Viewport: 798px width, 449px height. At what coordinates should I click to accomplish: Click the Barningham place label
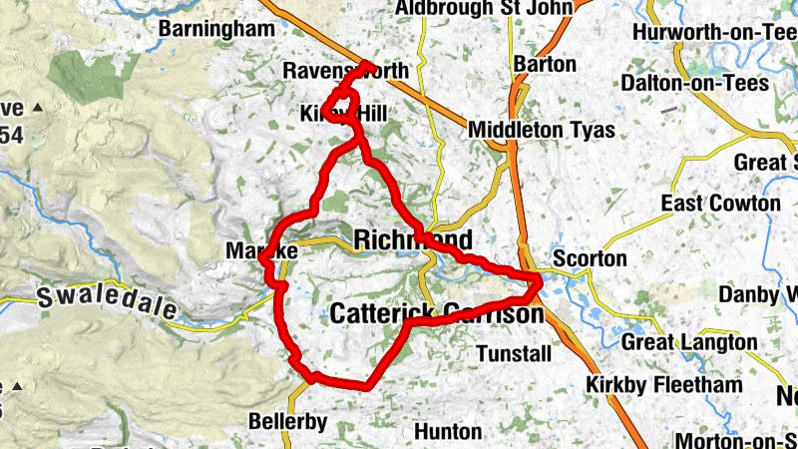(215, 29)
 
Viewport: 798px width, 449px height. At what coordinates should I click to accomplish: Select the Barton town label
(544, 64)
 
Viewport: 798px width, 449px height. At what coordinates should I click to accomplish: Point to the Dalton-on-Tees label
(696, 83)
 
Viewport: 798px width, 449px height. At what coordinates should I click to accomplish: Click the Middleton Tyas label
(541, 130)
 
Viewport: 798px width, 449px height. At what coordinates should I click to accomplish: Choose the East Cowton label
(720, 203)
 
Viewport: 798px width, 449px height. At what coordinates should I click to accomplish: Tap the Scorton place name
(590, 259)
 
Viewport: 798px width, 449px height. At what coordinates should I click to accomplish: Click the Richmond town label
(413, 239)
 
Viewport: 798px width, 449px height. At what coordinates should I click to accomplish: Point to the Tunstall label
(514, 353)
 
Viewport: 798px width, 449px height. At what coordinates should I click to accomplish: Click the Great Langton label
(689, 342)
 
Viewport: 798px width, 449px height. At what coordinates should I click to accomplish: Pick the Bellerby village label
(287, 421)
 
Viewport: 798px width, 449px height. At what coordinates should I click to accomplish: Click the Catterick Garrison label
(437, 313)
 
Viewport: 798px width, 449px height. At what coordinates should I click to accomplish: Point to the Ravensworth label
(345, 72)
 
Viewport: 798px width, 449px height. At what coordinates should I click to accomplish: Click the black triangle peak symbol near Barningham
(39, 107)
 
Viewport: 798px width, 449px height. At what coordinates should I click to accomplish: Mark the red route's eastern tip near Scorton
(540, 285)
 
